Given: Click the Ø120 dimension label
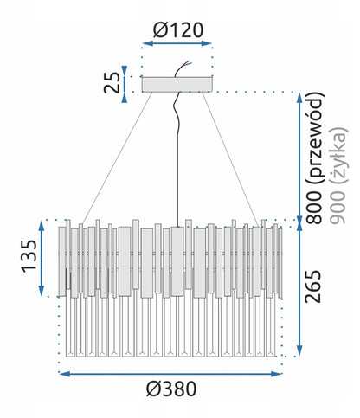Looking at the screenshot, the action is pos(178,30).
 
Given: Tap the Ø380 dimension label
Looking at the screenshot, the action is pos(171,389).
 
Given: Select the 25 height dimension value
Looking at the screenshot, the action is pos(112,82).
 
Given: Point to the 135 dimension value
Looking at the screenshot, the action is pos(29,256).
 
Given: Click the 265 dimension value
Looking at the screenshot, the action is pos(313,286).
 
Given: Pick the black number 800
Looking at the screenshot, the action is pos(313,207).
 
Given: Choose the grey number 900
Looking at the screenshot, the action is pos(337,207).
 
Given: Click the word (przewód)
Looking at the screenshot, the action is pos(314,138).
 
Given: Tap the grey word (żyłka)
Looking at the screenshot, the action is pos(338,156).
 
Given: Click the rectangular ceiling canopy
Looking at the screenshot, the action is pos(177,85).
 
